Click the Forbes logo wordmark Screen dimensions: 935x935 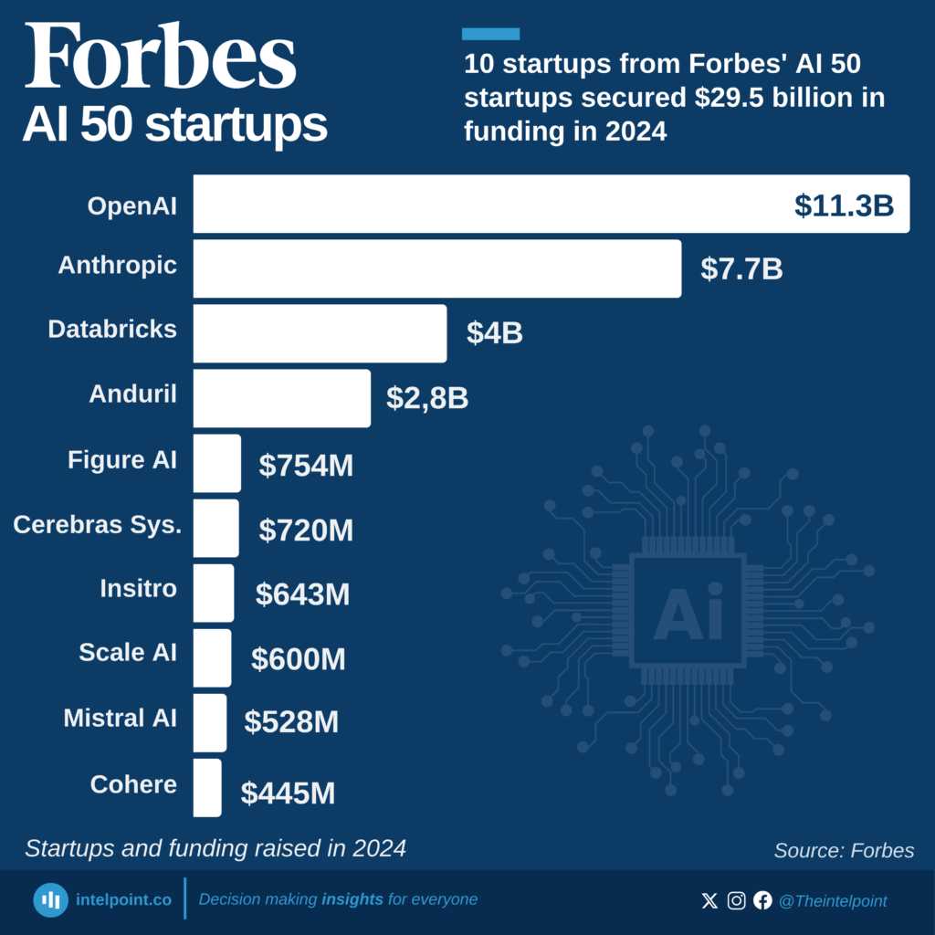point(160,57)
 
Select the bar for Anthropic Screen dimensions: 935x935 point(436,268)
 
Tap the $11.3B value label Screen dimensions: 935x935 point(844,205)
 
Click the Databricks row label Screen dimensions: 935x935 point(112,330)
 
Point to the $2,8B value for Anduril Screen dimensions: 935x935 point(427,398)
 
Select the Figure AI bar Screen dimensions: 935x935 point(216,463)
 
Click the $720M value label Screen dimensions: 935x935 point(306,531)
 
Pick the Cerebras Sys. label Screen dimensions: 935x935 point(97,525)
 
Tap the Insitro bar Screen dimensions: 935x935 point(213,593)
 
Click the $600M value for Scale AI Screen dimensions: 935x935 point(299,659)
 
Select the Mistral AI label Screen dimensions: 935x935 point(120,718)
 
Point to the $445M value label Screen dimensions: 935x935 point(288,793)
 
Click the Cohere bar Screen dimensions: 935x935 point(207,787)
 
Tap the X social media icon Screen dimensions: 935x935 point(709,901)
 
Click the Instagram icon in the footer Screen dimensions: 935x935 point(736,901)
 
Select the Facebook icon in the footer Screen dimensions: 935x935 point(762,901)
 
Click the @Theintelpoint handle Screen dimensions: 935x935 point(832,901)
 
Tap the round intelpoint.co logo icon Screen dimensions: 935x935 point(51,900)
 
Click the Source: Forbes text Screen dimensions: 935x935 point(844,851)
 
